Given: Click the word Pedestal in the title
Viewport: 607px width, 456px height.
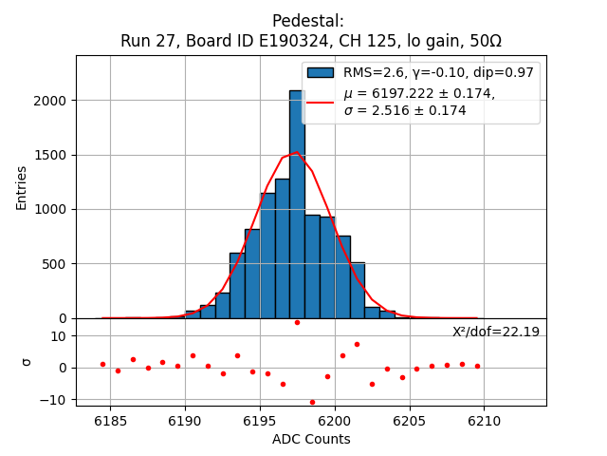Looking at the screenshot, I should pos(307,21).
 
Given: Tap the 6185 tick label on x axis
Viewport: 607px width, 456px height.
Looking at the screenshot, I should pos(111,421).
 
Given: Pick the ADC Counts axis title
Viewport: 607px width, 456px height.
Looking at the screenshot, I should pos(311,439).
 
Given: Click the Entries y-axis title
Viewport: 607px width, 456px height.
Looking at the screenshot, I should pos(22,186).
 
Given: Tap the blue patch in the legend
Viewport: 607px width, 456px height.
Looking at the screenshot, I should pos(321,73).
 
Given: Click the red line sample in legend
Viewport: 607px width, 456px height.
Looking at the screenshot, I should pos(321,101).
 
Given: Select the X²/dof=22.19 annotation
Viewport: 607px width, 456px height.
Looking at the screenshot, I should pos(495,332).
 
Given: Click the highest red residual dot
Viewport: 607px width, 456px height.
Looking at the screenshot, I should pos(297,322).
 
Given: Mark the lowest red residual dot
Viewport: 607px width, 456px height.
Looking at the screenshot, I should pos(312,402).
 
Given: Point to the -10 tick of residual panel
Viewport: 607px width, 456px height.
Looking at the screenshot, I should pos(56,400).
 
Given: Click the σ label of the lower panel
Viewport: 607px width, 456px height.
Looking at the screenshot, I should pos(27,362).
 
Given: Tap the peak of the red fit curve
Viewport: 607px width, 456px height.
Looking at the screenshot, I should pos(296,152).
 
